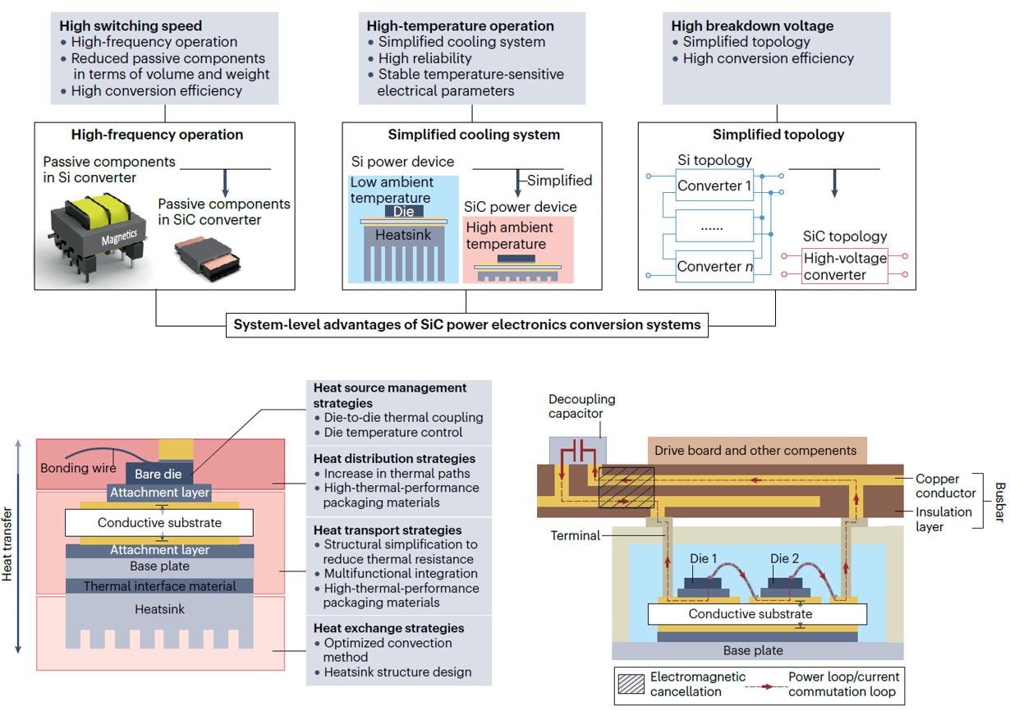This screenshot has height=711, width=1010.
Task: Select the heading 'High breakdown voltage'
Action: coord(752,26)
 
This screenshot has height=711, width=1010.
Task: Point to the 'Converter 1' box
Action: coord(714,186)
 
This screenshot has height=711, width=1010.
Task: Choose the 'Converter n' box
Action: coord(714,267)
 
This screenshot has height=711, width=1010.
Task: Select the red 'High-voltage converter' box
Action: coord(845,267)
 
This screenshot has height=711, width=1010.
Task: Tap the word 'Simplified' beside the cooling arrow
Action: coord(559,181)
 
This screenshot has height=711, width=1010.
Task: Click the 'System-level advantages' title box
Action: coord(467,325)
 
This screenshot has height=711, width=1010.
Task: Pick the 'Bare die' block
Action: coord(159,474)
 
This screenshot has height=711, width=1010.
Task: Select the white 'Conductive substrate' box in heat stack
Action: coord(159,523)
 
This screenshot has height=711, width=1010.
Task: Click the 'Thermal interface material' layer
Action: coord(159,586)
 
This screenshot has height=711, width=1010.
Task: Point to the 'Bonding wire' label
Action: coord(79,469)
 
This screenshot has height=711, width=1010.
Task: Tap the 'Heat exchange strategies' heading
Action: coord(388,628)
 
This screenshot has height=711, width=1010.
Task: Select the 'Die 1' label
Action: coord(703,559)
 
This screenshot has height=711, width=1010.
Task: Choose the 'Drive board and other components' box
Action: coord(755,450)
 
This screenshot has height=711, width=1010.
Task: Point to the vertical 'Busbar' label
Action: coord(997,499)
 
